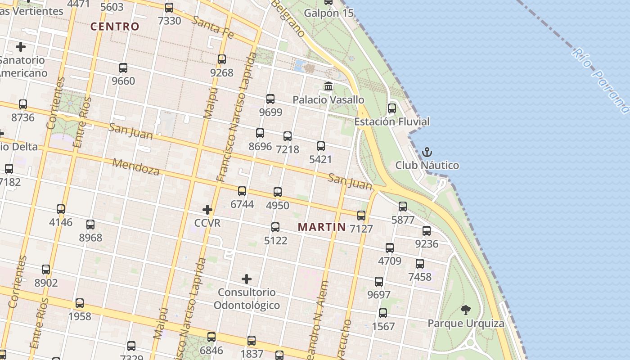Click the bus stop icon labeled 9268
click(221, 59)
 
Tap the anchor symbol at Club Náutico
click(427, 152)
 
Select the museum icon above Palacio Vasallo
click(328, 86)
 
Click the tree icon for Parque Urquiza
click(465, 310)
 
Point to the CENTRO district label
click(115, 27)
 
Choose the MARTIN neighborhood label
click(322, 227)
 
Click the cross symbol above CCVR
click(207, 209)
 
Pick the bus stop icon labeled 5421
click(320, 146)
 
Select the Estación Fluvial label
click(391, 121)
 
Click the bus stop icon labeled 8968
click(90, 224)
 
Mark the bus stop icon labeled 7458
click(420, 264)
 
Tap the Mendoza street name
click(136, 166)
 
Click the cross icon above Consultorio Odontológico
click(246, 279)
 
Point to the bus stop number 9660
click(123, 81)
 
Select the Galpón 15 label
click(328, 13)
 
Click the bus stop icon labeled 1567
click(383, 313)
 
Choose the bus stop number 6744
click(242, 204)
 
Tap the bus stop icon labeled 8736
click(23, 104)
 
